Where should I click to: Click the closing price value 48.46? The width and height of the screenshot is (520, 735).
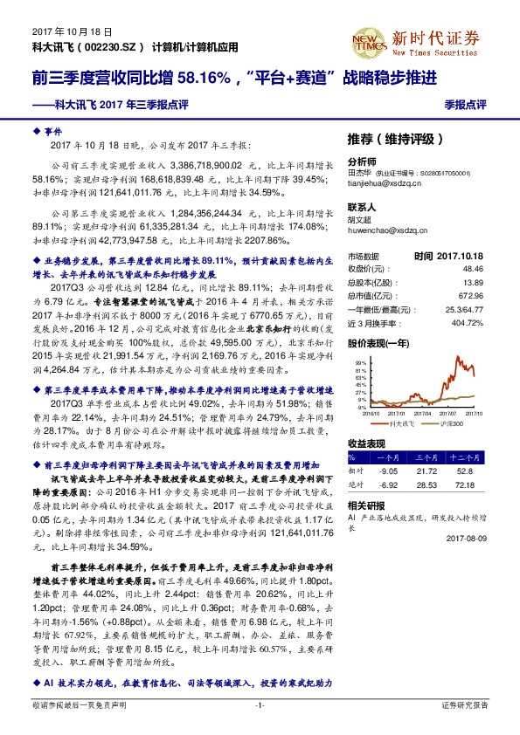(472, 270)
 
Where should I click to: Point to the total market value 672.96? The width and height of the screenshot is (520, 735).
(470, 296)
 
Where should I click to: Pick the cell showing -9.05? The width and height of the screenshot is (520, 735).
(386, 470)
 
